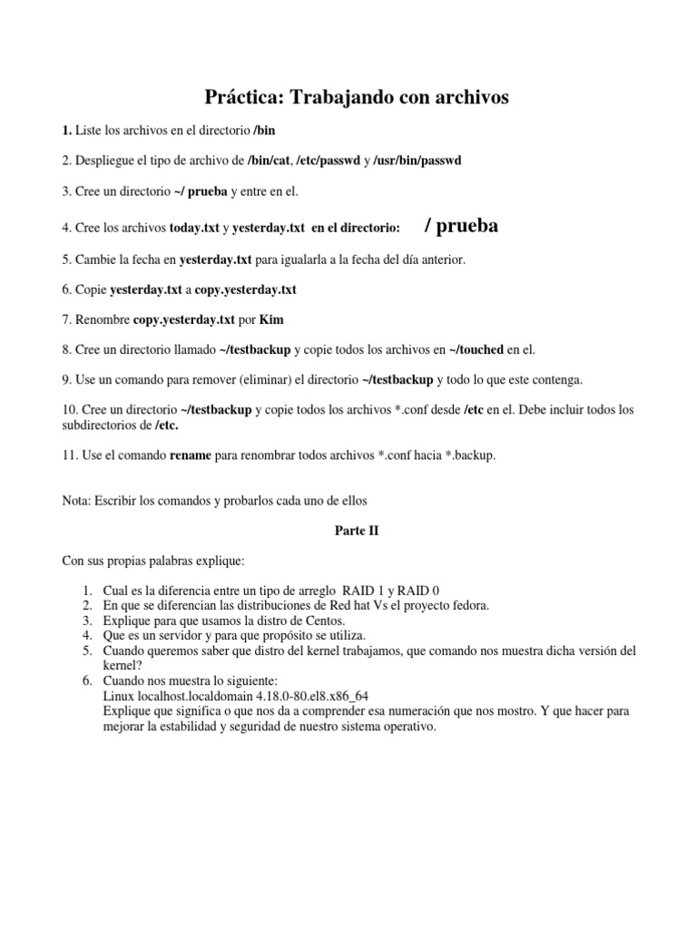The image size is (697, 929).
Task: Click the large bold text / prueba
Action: (x=461, y=225)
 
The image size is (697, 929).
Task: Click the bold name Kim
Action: (x=271, y=319)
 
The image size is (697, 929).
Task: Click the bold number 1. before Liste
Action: (x=67, y=131)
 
